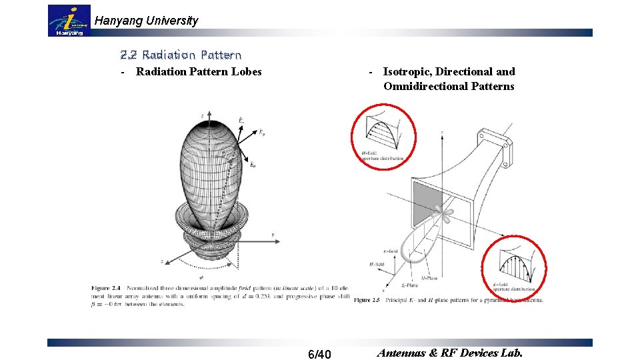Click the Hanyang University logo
pyautogui.click(x=69, y=21)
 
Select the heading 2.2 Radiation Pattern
pyautogui.click(x=181, y=55)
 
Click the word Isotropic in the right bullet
pyautogui.click(x=406, y=72)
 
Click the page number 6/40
pyautogui.click(x=320, y=353)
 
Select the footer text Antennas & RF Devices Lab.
pyautogui.click(x=450, y=353)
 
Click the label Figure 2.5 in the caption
pyautogui.click(x=367, y=300)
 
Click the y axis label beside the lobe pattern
pyautogui.click(x=273, y=235)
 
